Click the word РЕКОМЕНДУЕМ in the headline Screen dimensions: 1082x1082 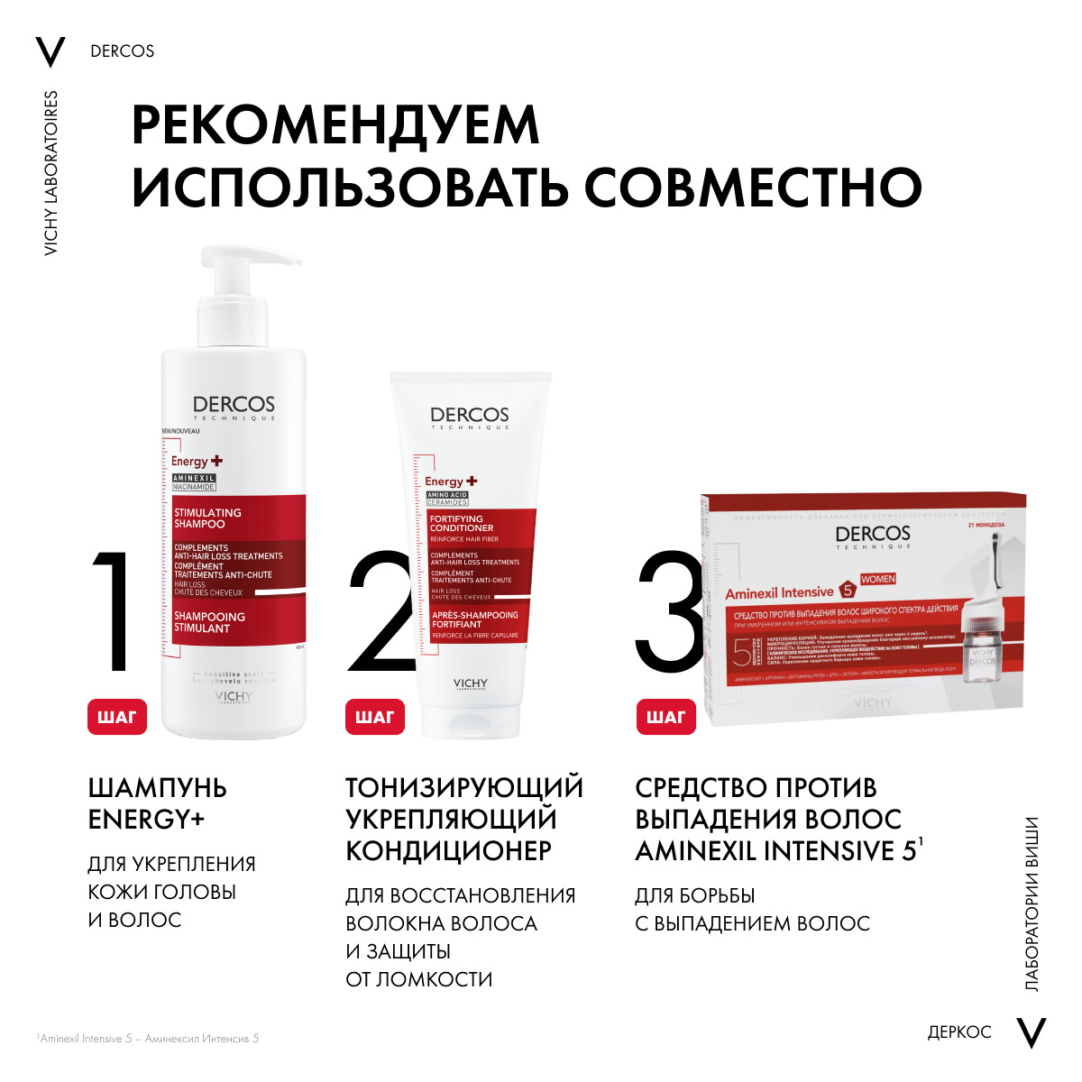pyautogui.click(x=335, y=125)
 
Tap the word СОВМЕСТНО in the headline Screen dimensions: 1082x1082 pyautogui.click(x=753, y=188)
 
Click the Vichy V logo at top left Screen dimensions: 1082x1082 pyautogui.click(x=50, y=52)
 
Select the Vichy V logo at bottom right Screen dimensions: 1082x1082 pyautogui.click(x=1031, y=1032)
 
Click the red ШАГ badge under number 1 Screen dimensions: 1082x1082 pyautogui.click(x=117, y=717)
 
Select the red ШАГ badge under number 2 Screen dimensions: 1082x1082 pyautogui.click(x=375, y=717)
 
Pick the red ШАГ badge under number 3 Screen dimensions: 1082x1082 pyautogui.click(x=666, y=717)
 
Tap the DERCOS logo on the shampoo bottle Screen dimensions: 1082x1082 pyautogui.click(x=234, y=406)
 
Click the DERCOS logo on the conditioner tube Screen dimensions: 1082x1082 pyautogui.click(x=470, y=416)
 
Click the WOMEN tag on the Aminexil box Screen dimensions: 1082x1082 pyautogui.click(x=877, y=579)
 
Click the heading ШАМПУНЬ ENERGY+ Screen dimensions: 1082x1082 pyautogui.click(x=157, y=803)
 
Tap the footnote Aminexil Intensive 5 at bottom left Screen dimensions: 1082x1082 pyautogui.click(x=149, y=1039)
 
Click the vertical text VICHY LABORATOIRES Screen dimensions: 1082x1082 pyautogui.click(x=50, y=172)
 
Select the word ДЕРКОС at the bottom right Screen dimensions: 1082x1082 pyautogui.click(x=959, y=1032)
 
